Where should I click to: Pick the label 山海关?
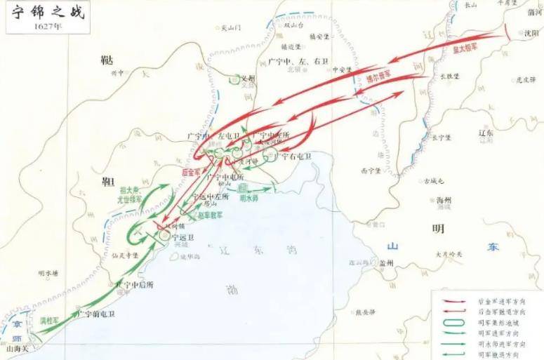(15, 347)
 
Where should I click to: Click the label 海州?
(444, 200)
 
